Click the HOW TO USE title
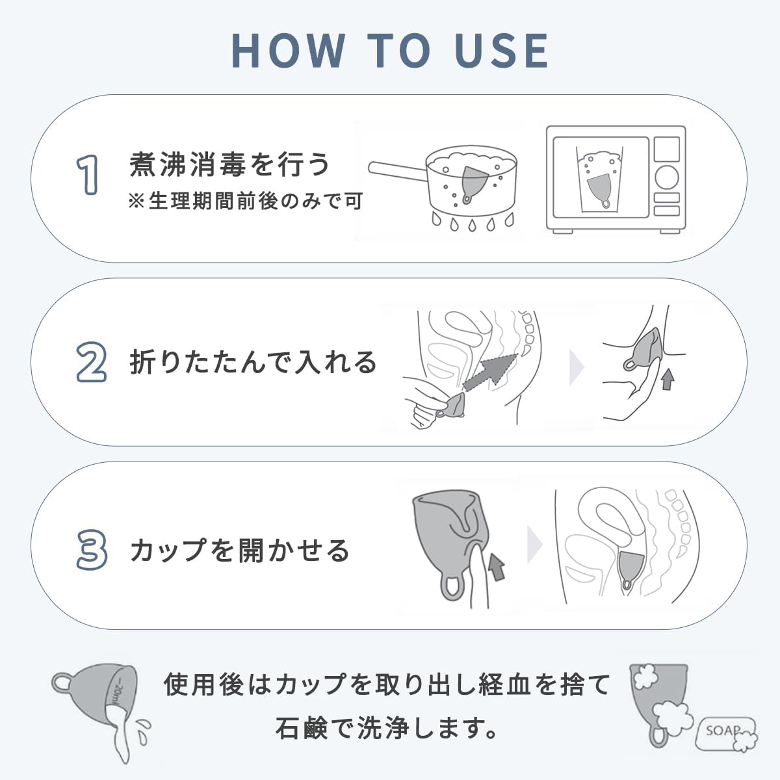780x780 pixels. [390, 50]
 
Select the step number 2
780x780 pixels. [91, 363]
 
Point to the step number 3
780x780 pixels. [91, 550]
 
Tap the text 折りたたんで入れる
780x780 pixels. [253, 362]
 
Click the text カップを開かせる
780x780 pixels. [240, 551]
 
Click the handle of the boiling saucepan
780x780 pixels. [396, 171]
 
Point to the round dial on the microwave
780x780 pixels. [666, 176]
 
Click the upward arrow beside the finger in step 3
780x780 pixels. [497, 565]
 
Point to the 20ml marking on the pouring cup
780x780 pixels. [115, 690]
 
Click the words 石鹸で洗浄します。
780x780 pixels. [388, 729]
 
